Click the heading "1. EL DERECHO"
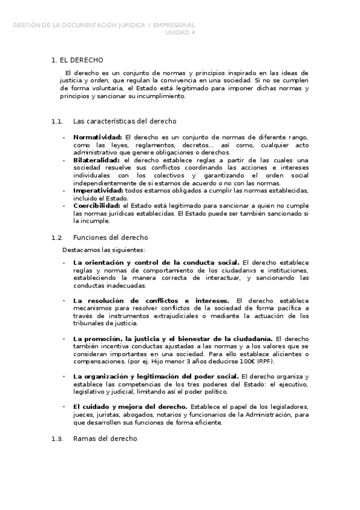(78, 60)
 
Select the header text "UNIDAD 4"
(180, 32)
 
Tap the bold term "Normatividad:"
(97, 137)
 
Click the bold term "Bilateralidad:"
(97, 160)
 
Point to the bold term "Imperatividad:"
(97, 190)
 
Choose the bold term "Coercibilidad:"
(96, 206)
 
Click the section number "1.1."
(57, 121)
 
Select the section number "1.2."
(57, 238)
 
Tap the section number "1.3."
(57, 438)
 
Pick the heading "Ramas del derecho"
(105, 438)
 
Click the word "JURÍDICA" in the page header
(130, 25)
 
